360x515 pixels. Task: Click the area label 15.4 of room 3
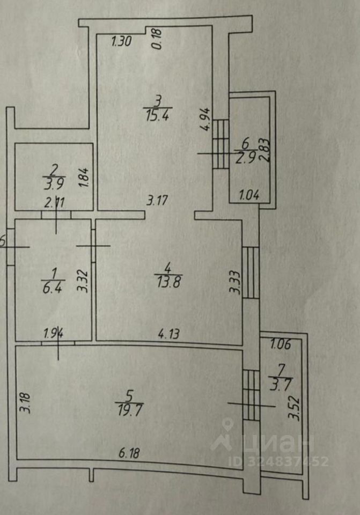[x=157, y=115]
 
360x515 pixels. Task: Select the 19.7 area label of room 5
[x=128, y=411]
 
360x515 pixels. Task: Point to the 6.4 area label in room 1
[x=53, y=284]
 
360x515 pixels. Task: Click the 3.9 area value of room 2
[x=53, y=181]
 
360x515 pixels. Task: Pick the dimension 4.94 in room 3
[x=205, y=120]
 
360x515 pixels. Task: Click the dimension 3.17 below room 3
[x=158, y=202]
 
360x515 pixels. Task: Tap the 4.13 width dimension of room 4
[x=168, y=333]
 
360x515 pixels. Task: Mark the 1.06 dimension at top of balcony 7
[x=280, y=345]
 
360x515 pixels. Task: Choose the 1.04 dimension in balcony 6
[x=248, y=195]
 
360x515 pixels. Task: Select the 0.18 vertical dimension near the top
[x=157, y=39]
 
